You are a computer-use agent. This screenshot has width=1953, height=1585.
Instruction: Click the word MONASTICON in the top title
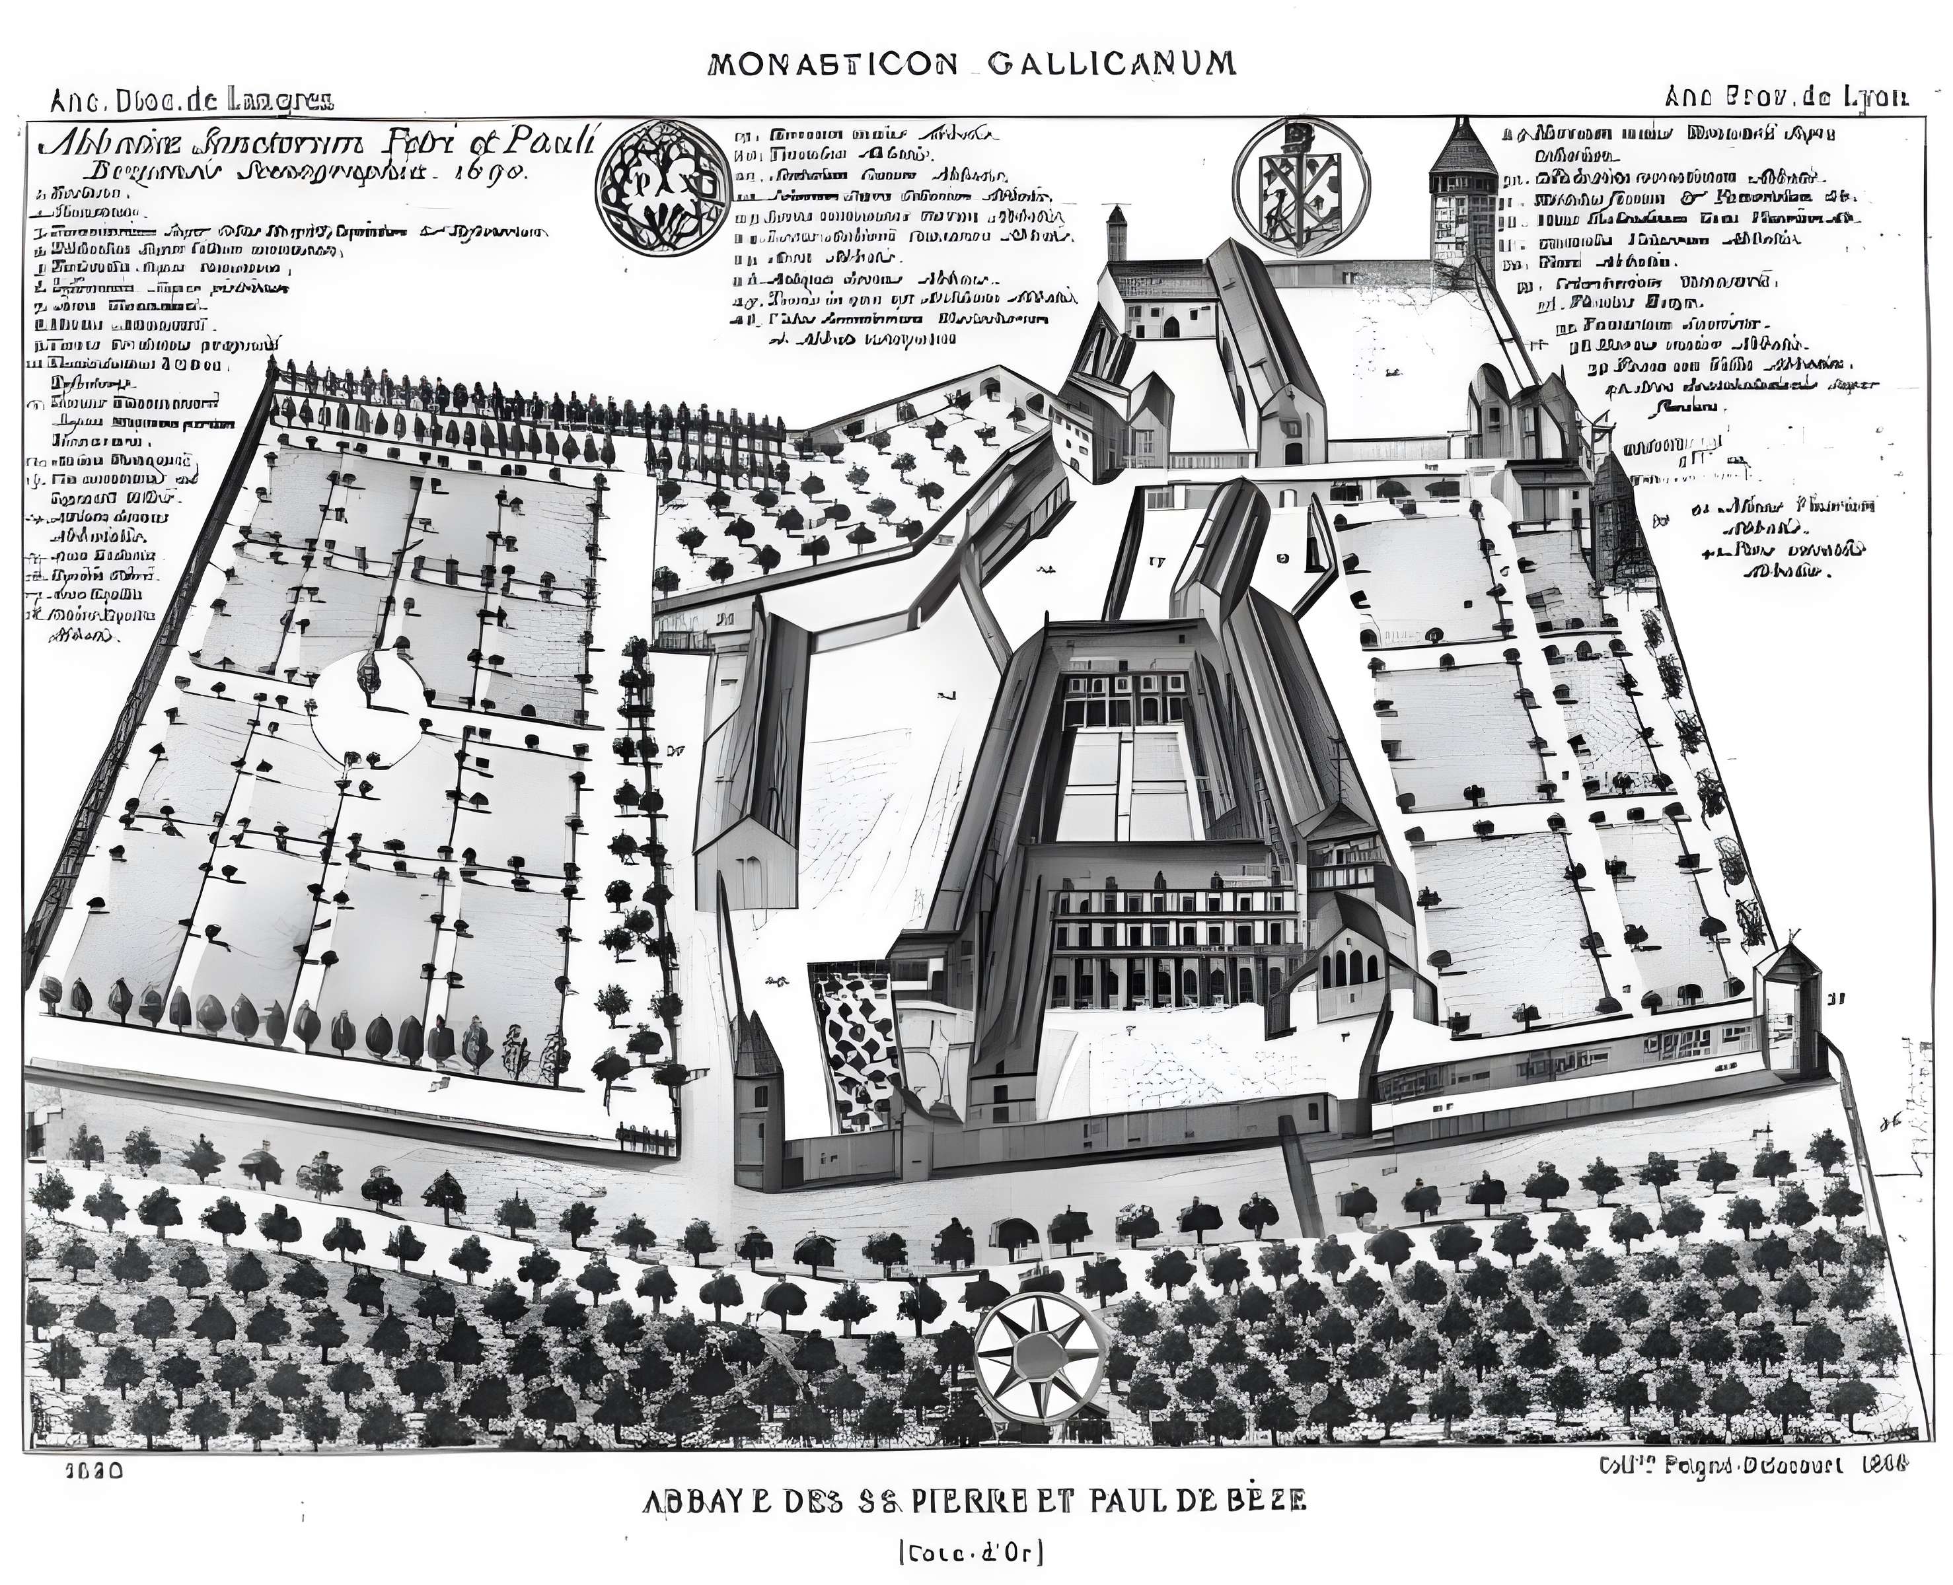832,64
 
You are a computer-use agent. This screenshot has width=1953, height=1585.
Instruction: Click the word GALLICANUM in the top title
1112,64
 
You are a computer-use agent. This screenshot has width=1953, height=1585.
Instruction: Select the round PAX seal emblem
657,186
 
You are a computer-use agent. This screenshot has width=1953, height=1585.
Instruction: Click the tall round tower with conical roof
1463,196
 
